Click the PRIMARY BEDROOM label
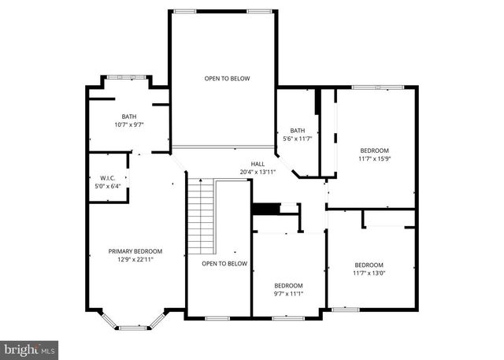pos(135,251)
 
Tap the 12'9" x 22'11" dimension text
pos(135,260)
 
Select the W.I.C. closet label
pos(108,178)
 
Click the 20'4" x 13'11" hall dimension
pos(258,172)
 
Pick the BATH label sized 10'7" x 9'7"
pos(128,116)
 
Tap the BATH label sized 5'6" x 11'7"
pos(297,131)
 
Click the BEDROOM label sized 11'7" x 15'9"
pos(375,150)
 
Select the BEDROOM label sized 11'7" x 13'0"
pos(369,265)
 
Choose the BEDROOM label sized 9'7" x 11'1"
pos(288,285)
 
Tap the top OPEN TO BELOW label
pos(227,79)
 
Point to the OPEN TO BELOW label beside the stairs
pos(224,264)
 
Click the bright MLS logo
pos(30,347)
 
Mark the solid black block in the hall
pos(265,209)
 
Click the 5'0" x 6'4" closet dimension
pos(108,187)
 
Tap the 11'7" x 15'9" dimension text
pos(375,158)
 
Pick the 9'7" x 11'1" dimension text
pos(288,294)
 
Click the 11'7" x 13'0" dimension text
pos(369,273)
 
